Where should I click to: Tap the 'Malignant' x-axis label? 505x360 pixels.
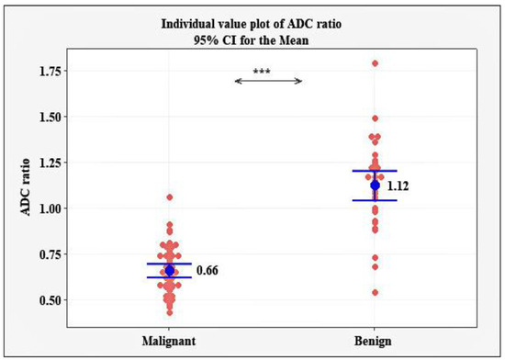click(169, 340)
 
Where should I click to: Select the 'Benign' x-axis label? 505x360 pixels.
click(375, 340)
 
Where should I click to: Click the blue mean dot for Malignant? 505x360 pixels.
click(169, 270)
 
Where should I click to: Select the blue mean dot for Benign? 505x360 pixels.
click(375, 186)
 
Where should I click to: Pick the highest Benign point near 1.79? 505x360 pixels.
click(375, 63)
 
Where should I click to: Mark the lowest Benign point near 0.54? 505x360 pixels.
click(375, 293)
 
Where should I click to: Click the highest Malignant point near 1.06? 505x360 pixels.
click(169, 197)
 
